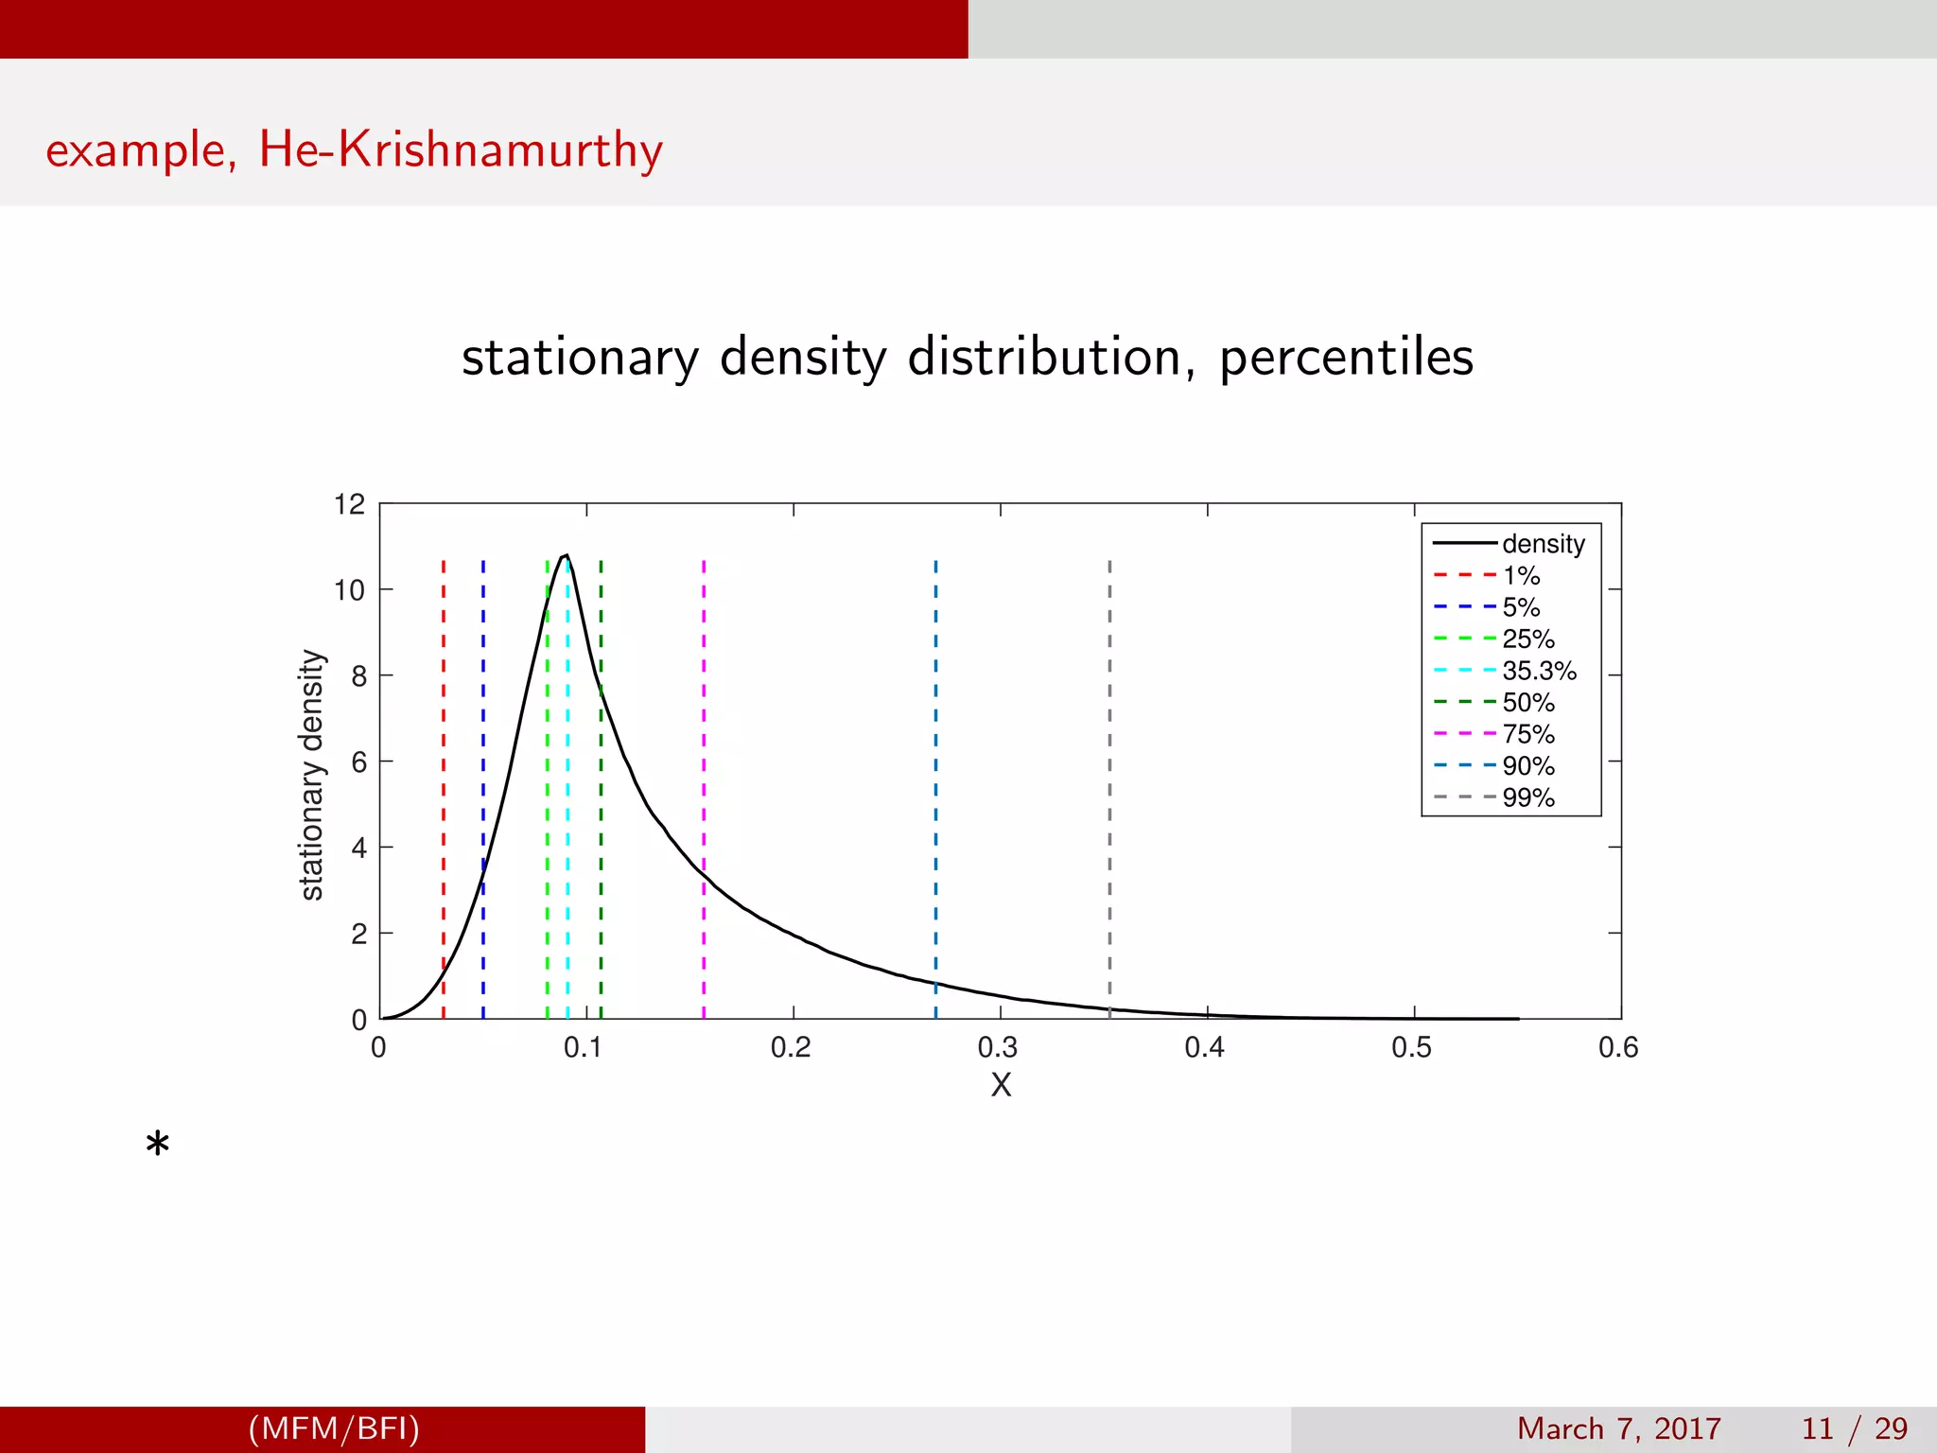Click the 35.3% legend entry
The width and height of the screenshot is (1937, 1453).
(1538, 671)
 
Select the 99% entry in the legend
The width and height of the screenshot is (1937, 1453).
(1527, 797)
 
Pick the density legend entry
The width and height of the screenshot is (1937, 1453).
(1543, 544)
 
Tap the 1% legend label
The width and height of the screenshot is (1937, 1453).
(1521, 575)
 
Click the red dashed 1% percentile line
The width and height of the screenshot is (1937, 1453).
(444, 757)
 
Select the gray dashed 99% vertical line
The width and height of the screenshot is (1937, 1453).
(1109, 757)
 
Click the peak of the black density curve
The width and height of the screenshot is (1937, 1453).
(566, 556)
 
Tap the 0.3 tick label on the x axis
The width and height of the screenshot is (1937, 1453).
(998, 1047)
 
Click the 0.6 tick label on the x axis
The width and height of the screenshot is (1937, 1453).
(1618, 1047)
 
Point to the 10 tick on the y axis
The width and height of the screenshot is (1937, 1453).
(349, 590)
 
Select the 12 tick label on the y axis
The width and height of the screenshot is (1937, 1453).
(349, 504)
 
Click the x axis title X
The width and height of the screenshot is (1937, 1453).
(1001, 1084)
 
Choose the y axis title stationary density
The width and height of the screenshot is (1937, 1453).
(312, 775)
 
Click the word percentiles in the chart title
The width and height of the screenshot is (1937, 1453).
(1346, 358)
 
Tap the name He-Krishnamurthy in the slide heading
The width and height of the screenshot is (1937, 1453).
(461, 149)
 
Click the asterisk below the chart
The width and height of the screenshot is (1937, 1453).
(158, 1146)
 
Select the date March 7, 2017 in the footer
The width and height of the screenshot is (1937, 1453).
(1618, 1428)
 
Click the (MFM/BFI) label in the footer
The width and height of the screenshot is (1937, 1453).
(334, 1428)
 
